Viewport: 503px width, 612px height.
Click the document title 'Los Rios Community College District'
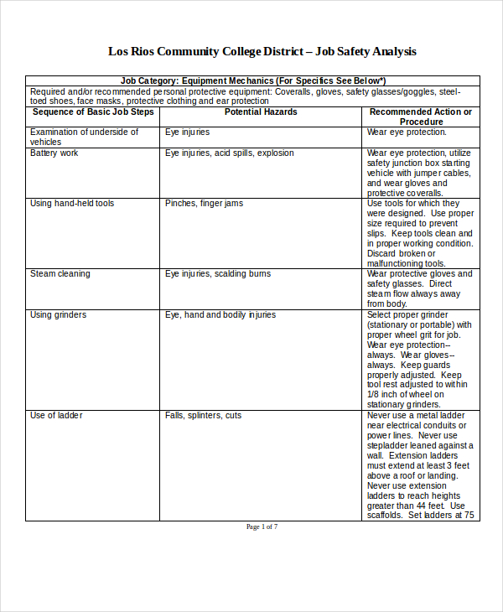coord(205,51)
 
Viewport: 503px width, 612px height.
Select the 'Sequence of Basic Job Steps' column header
coord(92,112)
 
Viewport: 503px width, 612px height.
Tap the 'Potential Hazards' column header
coord(261,112)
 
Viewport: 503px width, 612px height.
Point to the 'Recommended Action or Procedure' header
coord(421,117)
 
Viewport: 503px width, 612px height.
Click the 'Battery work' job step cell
coord(54,153)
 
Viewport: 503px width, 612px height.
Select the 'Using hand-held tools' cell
coord(72,204)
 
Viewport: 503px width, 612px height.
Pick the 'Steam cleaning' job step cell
coord(60,274)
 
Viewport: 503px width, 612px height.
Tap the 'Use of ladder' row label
coord(56,416)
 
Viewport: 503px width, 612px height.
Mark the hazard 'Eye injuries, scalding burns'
coord(218,274)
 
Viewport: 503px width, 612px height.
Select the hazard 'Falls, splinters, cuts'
coord(203,416)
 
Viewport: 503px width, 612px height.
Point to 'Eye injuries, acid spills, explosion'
coord(230,153)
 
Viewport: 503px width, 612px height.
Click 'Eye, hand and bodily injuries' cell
coord(220,315)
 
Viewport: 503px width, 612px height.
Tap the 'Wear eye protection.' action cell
coord(407,132)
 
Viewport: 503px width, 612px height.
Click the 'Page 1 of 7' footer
coord(262,527)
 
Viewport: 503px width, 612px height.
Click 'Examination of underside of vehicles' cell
coord(84,137)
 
